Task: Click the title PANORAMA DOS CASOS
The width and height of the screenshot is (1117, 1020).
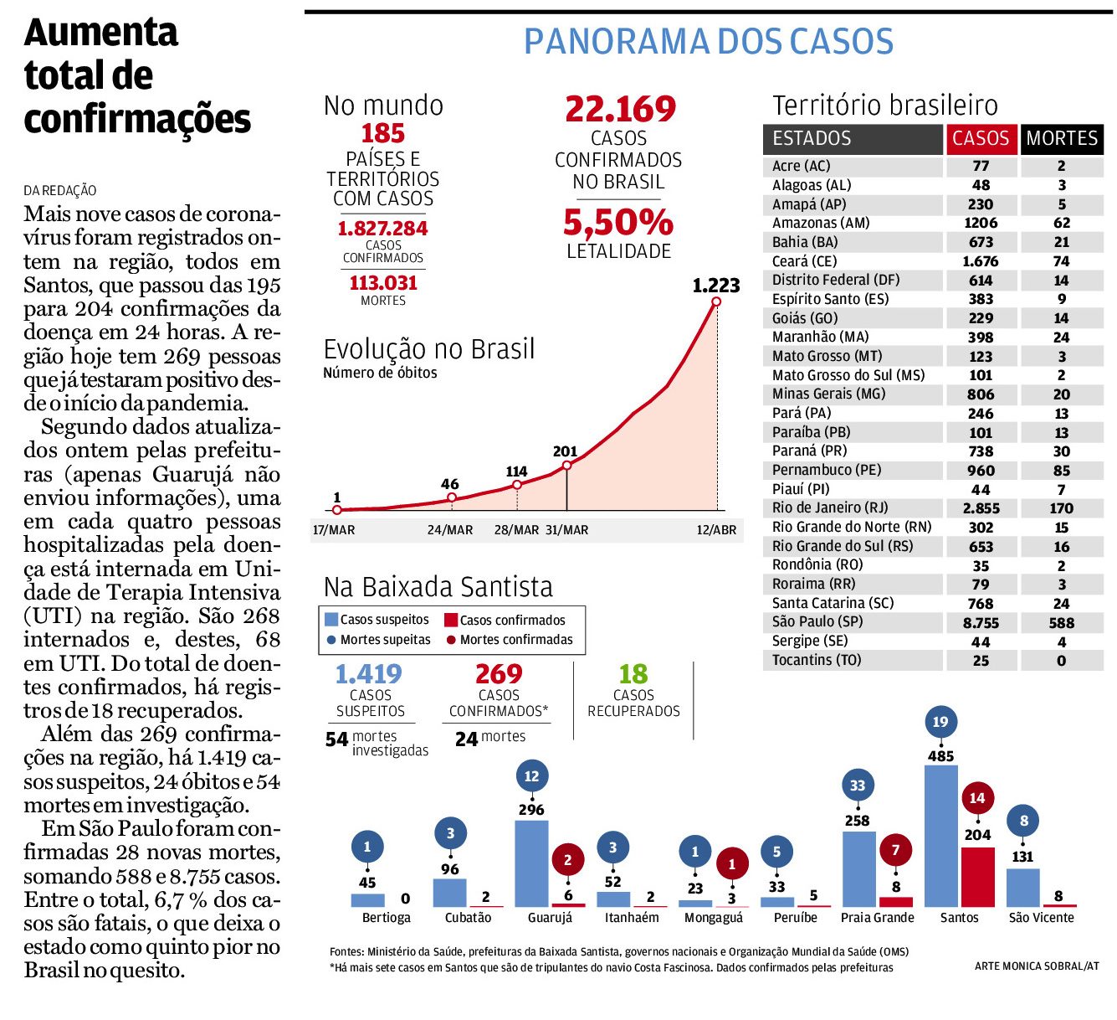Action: (709, 41)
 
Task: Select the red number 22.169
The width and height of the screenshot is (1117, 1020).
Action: (620, 109)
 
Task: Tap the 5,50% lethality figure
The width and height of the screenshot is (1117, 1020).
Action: (618, 222)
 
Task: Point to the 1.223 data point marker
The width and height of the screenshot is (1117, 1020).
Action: (717, 301)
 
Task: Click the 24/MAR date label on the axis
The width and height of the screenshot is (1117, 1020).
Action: (450, 530)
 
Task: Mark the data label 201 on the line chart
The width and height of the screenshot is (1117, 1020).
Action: (565, 451)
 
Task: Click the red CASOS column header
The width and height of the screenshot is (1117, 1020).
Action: (981, 138)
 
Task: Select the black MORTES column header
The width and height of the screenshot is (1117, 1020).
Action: (1062, 138)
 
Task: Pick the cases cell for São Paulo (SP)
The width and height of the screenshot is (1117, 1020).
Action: (981, 622)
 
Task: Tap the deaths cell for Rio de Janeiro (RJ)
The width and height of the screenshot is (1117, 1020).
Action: (1061, 508)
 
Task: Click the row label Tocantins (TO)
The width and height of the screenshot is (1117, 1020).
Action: (817, 660)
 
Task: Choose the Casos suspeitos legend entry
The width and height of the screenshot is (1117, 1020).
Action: (377, 619)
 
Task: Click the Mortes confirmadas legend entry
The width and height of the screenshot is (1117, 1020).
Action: (510, 639)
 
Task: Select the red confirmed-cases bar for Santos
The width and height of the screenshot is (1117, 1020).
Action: (978, 877)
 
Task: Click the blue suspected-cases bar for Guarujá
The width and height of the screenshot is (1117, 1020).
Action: (531, 863)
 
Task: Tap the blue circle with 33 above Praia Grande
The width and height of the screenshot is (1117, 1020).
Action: (858, 786)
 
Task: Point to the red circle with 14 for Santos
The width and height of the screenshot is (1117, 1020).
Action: (977, 798)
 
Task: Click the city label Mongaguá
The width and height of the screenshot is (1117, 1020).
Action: (714, 919)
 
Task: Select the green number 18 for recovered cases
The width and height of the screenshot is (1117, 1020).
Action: (633, 674)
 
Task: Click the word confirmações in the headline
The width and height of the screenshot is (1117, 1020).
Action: (137, 119)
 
